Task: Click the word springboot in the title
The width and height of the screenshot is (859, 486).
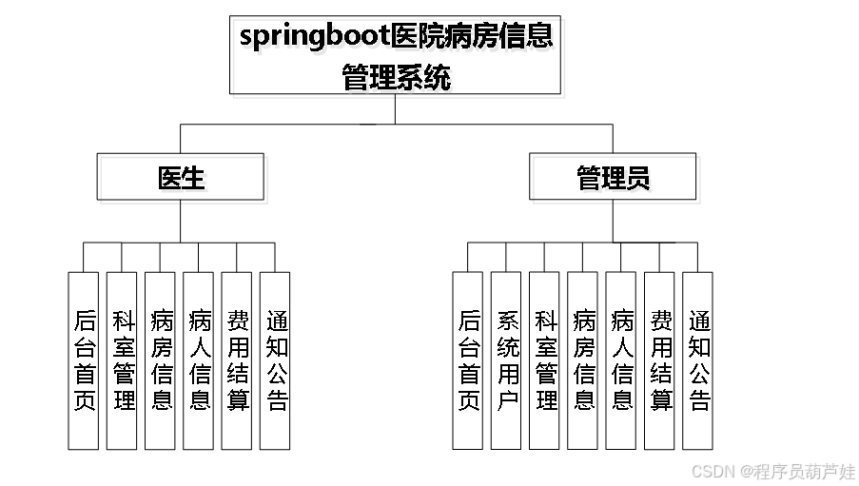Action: pyautogui.click(x=316, y=40)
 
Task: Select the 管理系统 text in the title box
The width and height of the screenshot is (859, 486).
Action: pyautogui.click(x=399, y=81)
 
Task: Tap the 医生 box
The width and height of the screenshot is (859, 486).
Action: pyautogui.click(x=184, y=181)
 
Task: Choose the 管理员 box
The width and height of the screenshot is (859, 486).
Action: pyautogui.click(x=616, y=181)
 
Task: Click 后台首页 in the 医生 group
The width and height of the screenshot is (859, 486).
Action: pyautogui.click(x=84, y=360)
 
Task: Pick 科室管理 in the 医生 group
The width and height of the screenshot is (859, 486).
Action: pyautogui.click(x=122, y=360)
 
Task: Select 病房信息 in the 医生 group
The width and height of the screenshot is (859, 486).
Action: pyautogui.click(x=160, y=360)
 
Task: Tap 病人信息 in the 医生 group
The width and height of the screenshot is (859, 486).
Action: pyautogui.click(x=198, y=360)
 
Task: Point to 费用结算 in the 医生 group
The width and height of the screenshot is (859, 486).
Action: pyautogui.click(x=236, y=360)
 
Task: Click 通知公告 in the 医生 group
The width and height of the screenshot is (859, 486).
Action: pyautogui.click(x=275, y=360)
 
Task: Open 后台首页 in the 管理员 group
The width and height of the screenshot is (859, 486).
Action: pyautogui.click(x=468, y=360)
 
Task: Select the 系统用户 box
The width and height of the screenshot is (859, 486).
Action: pyautogui.click(x=506, y=360)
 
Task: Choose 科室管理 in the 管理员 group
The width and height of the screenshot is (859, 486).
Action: pyautogui.click(x=544, y=360)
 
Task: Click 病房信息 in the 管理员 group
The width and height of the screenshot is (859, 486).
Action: pyautogui.click(x=582, y=360)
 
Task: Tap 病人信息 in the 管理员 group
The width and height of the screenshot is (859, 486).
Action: pyautogui.click(x=620, y=360)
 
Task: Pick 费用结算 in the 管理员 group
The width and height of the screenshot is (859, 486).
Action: pyautogui.click(x=659, y=360)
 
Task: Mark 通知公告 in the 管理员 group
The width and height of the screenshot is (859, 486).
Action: pyautogui.click(x=697, y=360)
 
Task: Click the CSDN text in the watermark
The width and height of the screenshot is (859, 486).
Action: pyautogui.click(x=712, y=471)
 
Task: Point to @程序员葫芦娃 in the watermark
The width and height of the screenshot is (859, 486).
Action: pyautogui.click(x=797, y=471)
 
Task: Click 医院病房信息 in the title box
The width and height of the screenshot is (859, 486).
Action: pyautogui.click(x=475, y=40)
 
